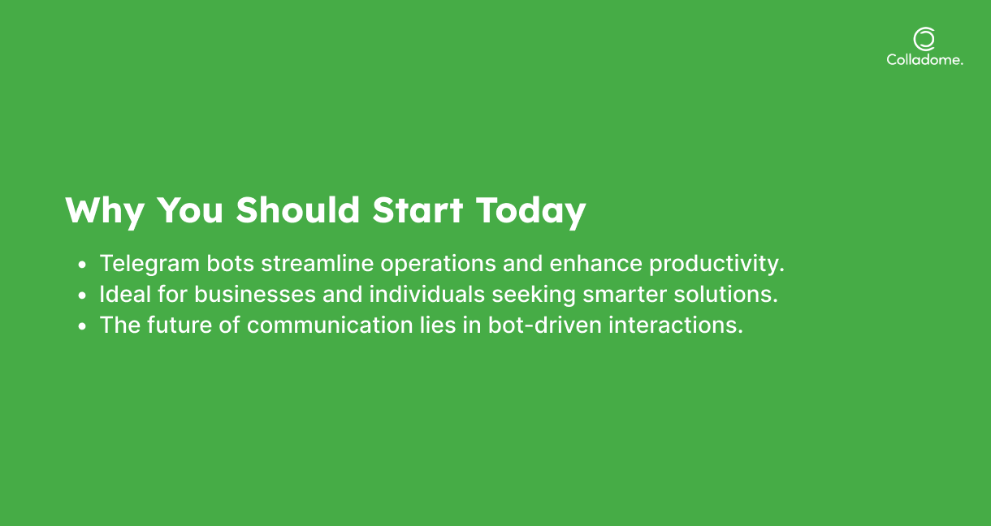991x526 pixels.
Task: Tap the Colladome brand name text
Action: (924, 60)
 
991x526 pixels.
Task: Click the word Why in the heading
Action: (105, 212)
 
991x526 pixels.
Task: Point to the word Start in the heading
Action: (418, 210)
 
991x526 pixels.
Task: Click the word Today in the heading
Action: (531, 212)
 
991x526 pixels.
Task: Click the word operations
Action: (439, 265)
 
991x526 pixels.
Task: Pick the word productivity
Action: (716, 265)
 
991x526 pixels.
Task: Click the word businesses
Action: (255, 294)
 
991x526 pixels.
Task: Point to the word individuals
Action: (427, 294)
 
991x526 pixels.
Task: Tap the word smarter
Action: (625, 295)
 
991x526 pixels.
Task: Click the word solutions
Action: (725, 294)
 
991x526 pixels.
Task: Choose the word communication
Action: (330, 325)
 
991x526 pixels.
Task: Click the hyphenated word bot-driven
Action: (545, 325)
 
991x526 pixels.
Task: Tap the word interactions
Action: (676, 325)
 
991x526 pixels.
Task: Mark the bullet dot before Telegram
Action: (82, 265)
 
